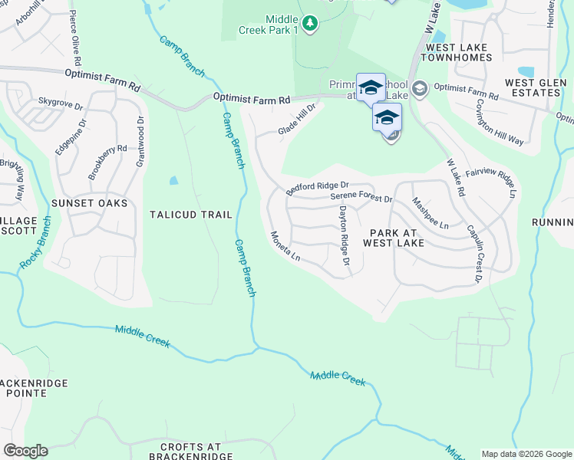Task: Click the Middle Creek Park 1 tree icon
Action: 309,24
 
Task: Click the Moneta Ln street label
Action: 285,246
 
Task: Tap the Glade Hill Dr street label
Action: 297,120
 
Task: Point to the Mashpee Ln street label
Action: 430,213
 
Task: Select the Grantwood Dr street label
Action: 140,141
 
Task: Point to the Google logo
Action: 25,451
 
